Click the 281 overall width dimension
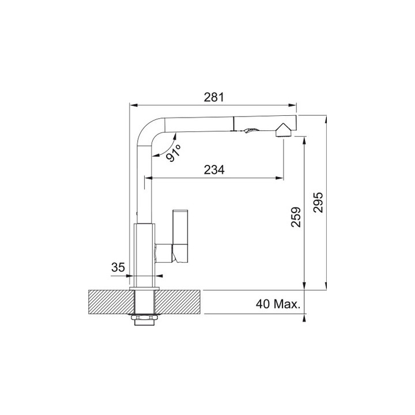coord(214,97)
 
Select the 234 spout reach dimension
coord(214,169)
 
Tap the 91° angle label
coord(174,153)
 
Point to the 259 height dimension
coord(296,217)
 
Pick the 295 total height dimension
coord(318,202)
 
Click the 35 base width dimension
coord(118,267)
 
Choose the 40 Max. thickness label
coord(278,304)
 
